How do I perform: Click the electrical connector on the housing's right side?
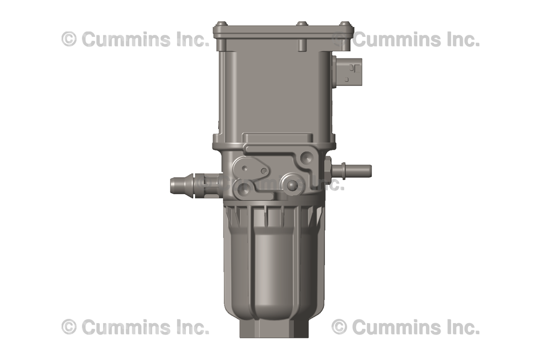(349, 70)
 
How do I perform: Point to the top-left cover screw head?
(221, 24)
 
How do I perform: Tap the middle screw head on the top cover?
(302, 24)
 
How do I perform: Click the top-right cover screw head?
(344, 24)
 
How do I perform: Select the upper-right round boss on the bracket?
(306, 157)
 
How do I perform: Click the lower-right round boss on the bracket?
(291, 184)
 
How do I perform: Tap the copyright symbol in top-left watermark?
(69, 39)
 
